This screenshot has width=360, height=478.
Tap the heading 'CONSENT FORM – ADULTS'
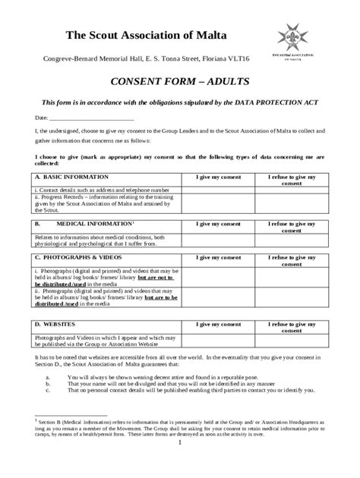(x=179, y=80)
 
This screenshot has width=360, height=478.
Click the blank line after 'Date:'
(x=92, y=118)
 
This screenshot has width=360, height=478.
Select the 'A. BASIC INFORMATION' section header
(x=66, y=177)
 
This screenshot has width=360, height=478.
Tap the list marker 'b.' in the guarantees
(x=48, y=384)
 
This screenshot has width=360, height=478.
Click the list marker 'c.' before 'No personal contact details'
(x=48, y=391)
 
